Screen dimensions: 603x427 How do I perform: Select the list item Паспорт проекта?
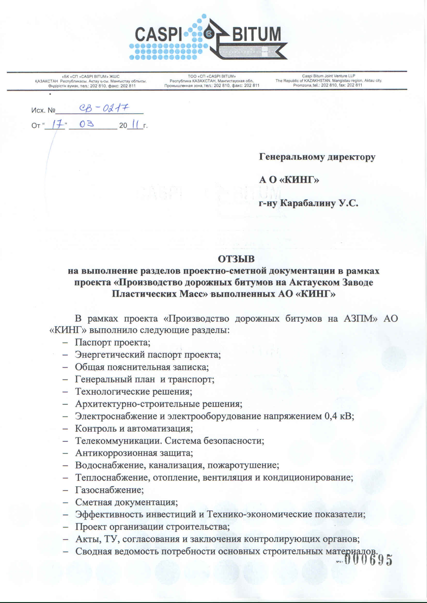[112, 342]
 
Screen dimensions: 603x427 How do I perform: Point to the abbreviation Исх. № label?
[43, 110]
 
